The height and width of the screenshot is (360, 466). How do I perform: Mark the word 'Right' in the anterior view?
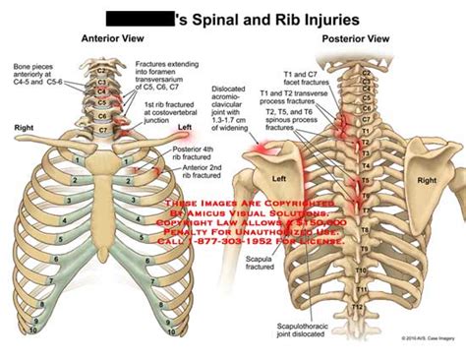[24, 128]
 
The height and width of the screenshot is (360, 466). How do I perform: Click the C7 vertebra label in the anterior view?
[103, 129]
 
